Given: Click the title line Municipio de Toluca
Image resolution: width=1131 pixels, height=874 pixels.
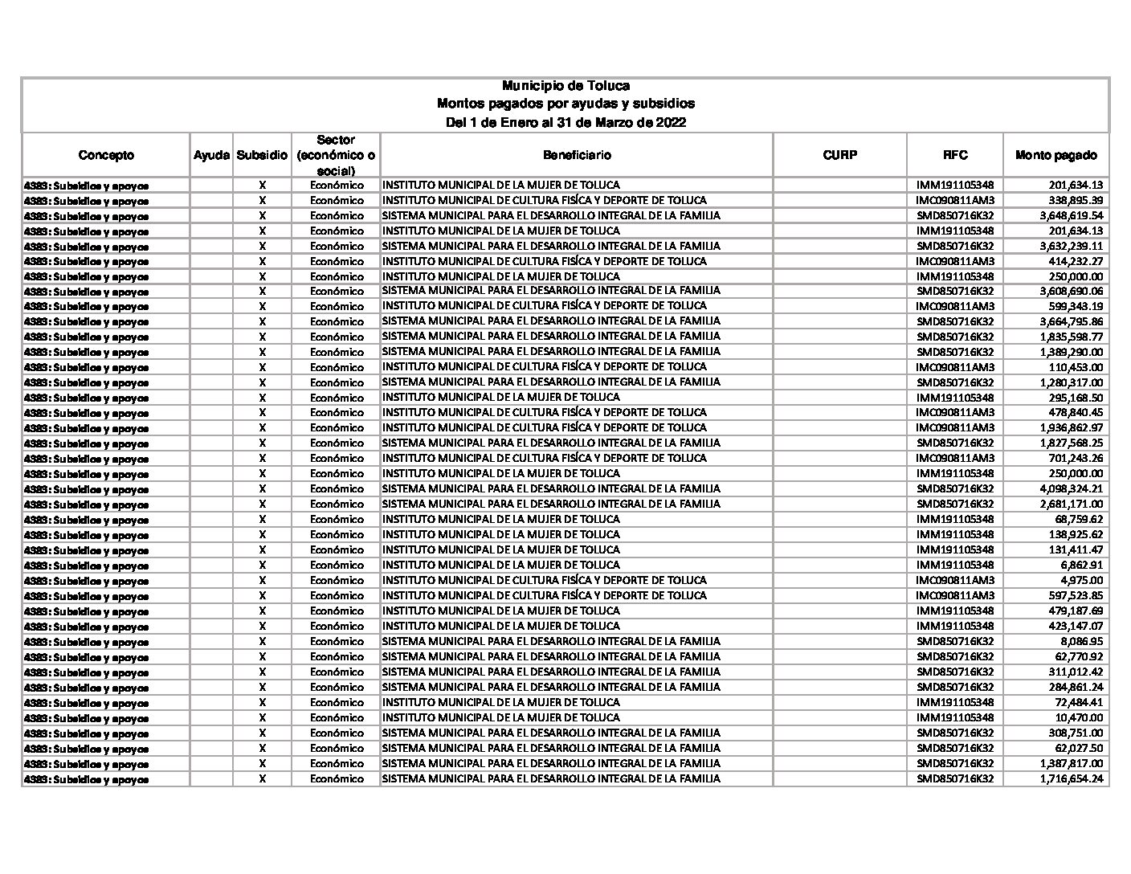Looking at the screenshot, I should [x=565, y=86].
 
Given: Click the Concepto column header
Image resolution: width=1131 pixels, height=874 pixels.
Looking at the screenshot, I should [x=106, y=155].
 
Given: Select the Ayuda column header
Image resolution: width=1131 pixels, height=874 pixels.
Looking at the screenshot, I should [x=211, y=155].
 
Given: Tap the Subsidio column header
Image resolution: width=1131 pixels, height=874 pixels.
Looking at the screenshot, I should [x=262, y=155].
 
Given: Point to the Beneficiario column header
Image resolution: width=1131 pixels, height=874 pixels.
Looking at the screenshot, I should [x=577, y=155].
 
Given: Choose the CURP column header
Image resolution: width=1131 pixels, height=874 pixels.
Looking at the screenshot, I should [x=839, y=155].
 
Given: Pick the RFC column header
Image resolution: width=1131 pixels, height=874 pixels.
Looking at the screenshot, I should [x=955, y=155].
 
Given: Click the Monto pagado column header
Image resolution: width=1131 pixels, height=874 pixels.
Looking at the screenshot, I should [x=1055, y=155].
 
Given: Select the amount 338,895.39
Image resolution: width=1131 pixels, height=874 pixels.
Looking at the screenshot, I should [x=1076, y=201].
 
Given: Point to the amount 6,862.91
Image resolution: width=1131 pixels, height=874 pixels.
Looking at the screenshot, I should [x=1081, y=566].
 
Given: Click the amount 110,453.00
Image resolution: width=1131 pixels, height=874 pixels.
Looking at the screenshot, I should [x=1076, y=367].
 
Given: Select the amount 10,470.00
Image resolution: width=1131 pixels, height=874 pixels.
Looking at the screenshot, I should [x=1079, y=718].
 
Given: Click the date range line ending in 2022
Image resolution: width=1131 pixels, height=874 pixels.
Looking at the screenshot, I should [x=565, y=123].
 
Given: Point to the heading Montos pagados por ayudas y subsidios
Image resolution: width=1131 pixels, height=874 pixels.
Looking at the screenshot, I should [x=565, y=104].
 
